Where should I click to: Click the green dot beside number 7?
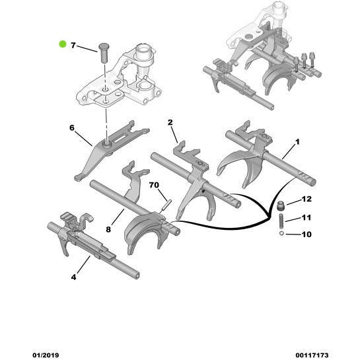coord(63,45)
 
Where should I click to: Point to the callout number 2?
coord(170,122)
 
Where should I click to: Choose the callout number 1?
coord(297,141)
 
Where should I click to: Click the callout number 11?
coord(306,217)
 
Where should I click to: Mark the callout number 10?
coord(306,234)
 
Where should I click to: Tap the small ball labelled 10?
coord(281,233)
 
